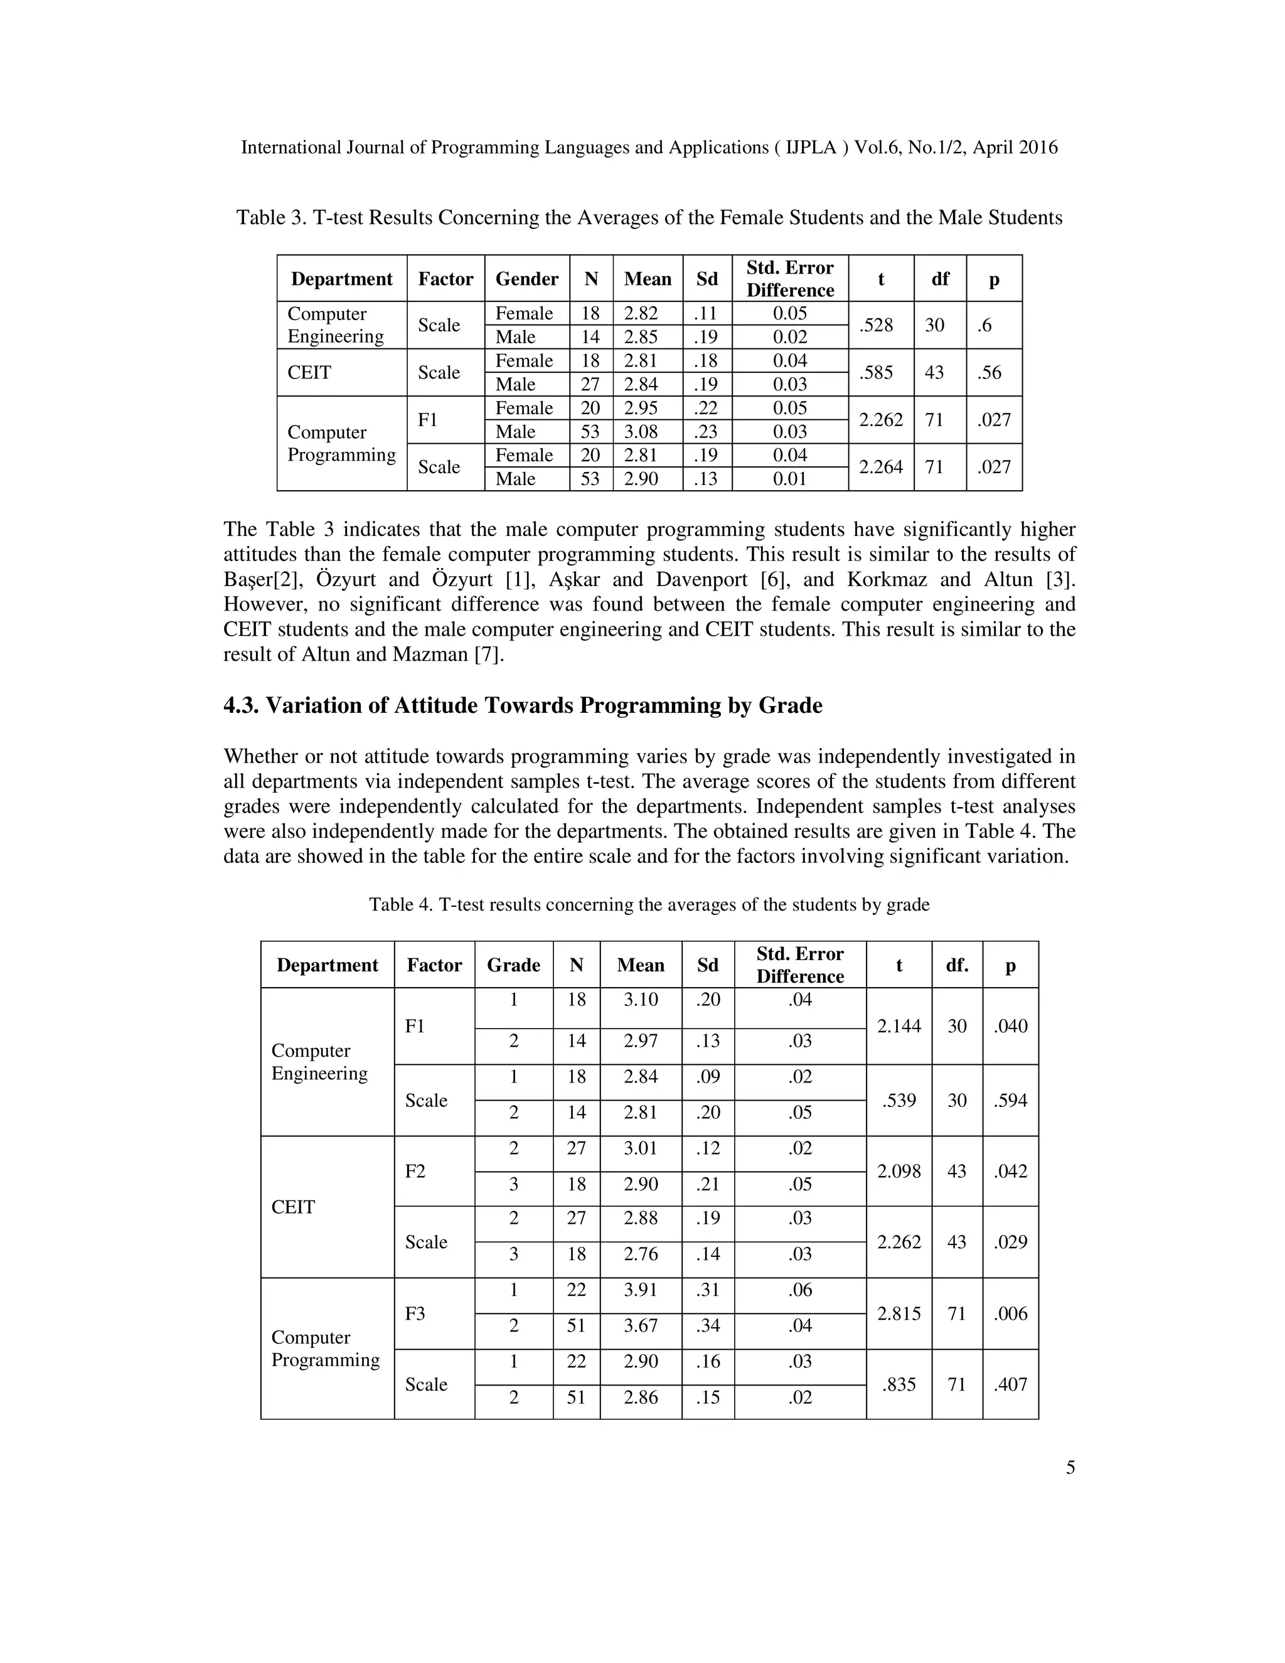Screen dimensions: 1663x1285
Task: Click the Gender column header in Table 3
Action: click(x=527, y=279)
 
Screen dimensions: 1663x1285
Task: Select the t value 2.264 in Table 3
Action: click(x=880, y=467)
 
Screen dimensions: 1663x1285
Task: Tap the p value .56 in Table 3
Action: click(x=989, y=372)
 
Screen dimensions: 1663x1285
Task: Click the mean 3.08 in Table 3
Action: click(x=641, y=432)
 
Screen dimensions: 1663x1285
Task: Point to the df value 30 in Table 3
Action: click(x=935, y=325)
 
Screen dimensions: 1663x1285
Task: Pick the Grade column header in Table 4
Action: click(x=513, y=966)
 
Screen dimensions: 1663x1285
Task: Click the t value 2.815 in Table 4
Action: click(x=898, y=1313)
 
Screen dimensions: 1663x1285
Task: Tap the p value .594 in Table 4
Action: click(x=1010, y=1100)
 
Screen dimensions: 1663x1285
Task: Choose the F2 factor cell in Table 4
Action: click(x=415, y=1171)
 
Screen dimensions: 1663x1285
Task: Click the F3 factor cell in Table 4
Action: click(x=415, y=1313)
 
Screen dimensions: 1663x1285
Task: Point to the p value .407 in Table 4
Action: click(x=1010, y=1384)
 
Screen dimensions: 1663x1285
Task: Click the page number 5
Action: click(x=1070, y=1468)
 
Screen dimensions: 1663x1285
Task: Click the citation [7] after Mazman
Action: click(x=489, y=655)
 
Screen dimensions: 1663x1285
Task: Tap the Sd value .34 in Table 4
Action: click(x=707, y=1325)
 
